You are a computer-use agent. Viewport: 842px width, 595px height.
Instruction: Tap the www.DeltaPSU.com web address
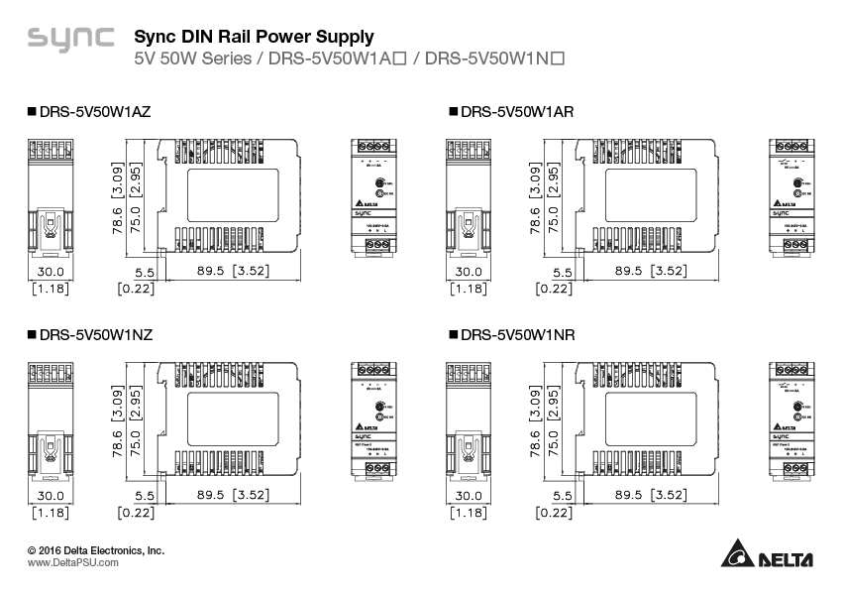point(73,562)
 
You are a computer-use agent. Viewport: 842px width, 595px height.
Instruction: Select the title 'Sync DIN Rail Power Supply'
point(254,37)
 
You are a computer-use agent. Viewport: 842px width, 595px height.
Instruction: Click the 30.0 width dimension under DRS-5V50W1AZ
point(50,271)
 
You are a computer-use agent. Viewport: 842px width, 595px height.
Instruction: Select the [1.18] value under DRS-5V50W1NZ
point(50,513)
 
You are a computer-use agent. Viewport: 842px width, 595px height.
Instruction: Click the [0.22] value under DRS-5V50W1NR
point(554,513)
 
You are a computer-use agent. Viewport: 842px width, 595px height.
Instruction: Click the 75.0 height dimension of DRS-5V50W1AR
point(554,218)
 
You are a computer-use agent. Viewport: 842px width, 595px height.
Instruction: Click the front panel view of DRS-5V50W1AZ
point(374,197)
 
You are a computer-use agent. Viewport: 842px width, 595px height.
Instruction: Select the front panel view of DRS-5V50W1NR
point(794,420)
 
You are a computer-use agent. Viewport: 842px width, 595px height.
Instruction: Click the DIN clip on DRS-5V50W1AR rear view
point(470,230)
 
